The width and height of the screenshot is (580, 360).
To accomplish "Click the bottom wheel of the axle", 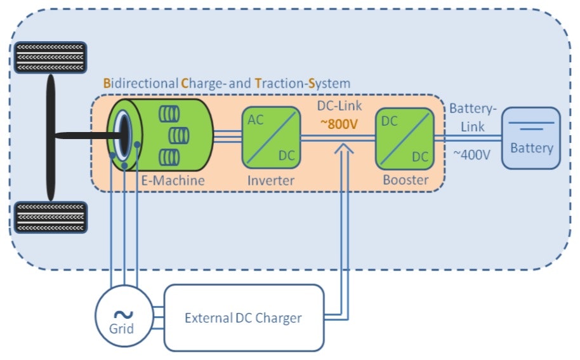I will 50,217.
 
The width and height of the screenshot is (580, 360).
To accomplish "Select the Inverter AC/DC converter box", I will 270,137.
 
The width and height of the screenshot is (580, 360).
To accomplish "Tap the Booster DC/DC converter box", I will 404,137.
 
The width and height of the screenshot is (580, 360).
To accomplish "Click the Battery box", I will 531,138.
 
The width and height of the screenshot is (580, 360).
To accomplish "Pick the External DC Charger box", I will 244,317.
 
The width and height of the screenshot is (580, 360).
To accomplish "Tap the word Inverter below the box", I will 271,180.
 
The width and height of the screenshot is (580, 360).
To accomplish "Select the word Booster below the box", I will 405,180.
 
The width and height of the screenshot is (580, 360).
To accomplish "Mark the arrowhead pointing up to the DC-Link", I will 343,148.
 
